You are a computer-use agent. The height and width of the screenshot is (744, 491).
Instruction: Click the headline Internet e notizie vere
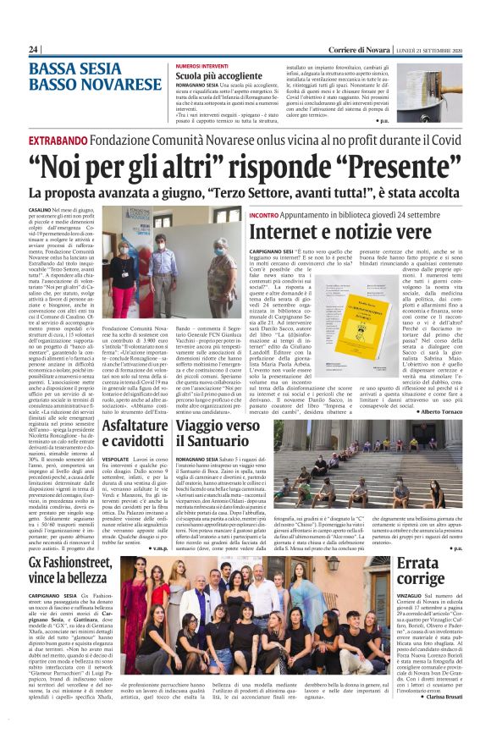(x=349, y=229)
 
